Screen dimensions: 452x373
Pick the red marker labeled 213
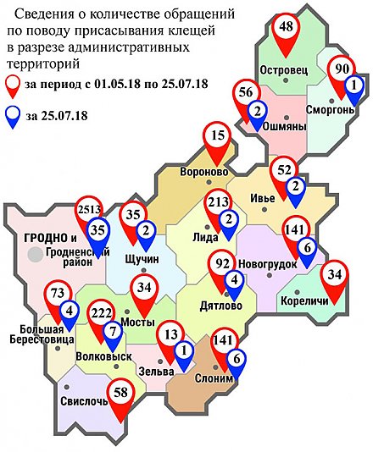point(219,204)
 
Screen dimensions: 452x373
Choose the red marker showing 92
point(222,264)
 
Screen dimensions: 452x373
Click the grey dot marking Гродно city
point(35,253)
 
